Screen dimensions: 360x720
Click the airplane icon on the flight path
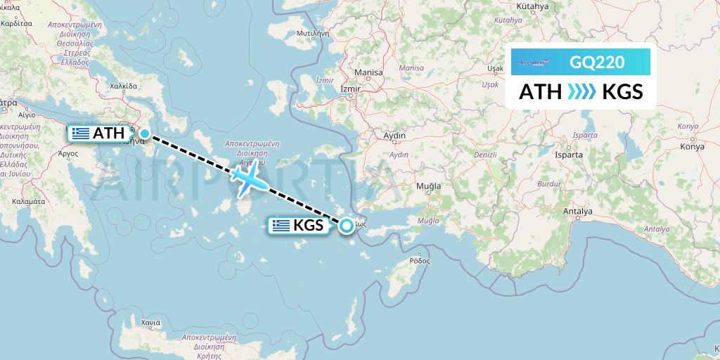(x=248, y=179)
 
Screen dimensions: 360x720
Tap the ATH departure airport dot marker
(x=145, y=134)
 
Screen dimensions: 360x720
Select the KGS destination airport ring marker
(x=347, y=226)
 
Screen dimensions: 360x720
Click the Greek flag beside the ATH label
(x=80, y=134)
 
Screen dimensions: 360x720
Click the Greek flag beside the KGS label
(x=281, y=226)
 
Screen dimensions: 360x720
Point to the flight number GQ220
(x=596, y=63)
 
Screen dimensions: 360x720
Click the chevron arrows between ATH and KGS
(x=581, y=91)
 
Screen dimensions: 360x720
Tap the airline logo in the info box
(x=536, y=63)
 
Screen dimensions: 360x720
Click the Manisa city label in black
(x=369, y=72)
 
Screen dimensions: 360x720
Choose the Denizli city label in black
(x=485, y=153)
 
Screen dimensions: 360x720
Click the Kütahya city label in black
(x=532, y=6)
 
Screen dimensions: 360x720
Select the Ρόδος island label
(x=419, y=260)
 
